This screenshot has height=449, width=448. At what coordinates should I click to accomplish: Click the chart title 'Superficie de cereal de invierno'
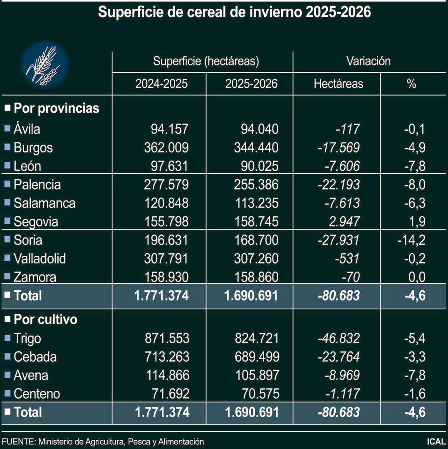(x=234, y=12)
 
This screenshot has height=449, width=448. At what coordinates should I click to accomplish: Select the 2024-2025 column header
(x=161, y=84)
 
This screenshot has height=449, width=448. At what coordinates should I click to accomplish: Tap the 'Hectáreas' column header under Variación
(x=338, y=84)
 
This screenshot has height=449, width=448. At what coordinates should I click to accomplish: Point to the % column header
(x=411, y=84)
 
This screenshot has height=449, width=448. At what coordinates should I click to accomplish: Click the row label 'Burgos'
(x=33, y=148)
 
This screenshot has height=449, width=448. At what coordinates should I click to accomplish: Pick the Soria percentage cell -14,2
(x=409, y=240)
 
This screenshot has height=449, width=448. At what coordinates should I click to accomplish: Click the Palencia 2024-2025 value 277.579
(x=166, y=185)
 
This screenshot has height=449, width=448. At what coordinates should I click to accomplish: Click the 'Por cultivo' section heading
(x=45, y=320)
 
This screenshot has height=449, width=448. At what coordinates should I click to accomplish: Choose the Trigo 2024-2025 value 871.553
(x=166, y=338)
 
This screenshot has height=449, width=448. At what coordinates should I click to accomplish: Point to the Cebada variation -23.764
(x=339, y=357)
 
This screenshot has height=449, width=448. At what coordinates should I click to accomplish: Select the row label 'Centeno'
(x=37, y=394)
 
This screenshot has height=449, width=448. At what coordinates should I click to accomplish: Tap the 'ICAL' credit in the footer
(x=436, y=442)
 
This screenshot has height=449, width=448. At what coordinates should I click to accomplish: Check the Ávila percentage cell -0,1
(x=414, y=129)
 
